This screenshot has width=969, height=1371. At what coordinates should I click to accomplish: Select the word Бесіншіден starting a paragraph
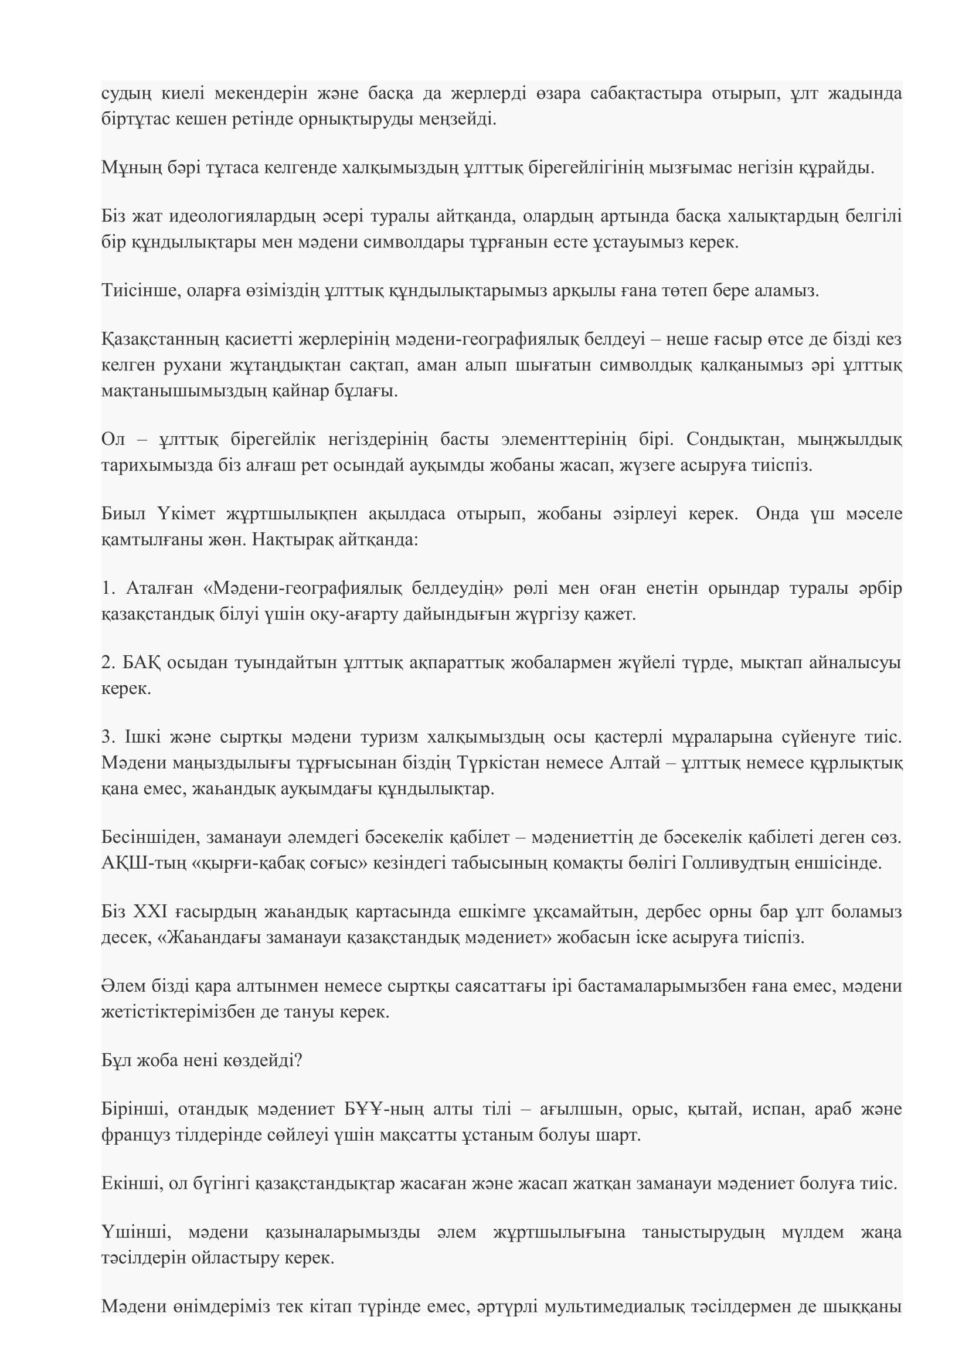point(151,837)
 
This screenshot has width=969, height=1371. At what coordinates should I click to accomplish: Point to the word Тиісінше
point(141,291)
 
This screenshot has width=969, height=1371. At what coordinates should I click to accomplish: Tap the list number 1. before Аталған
point(107,588)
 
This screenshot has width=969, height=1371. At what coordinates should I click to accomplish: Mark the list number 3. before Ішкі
point(107,737)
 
